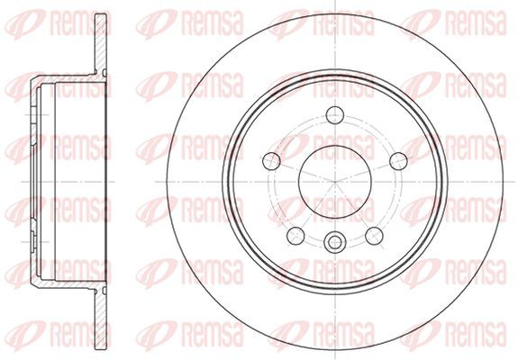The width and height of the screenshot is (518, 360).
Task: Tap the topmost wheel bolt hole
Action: point(335,115)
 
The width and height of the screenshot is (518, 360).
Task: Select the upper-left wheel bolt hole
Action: point(271,161)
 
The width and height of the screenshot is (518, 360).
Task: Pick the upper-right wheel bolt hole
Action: point(399,161)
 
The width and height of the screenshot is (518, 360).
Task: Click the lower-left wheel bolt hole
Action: point(295,236)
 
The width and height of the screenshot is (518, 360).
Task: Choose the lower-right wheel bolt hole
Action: point(374,236)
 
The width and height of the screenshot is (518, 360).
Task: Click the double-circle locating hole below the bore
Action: point(335,242)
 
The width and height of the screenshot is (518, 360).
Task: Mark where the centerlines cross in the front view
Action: point(335,182)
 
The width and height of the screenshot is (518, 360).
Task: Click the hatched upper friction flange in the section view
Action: point(101,43)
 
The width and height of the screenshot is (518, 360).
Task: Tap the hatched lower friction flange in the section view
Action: point(101,320)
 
